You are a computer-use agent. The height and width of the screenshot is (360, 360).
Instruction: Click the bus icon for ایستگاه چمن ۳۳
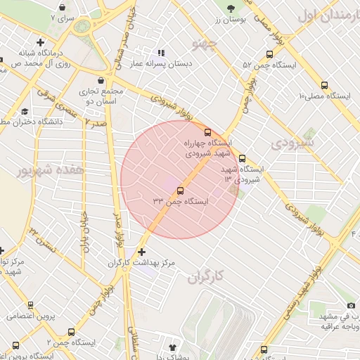tap(181, 191)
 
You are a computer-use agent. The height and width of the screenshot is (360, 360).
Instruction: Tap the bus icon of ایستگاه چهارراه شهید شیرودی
tap(207, 131)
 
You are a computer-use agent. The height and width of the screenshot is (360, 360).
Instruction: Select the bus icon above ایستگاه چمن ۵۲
tap(269, 54)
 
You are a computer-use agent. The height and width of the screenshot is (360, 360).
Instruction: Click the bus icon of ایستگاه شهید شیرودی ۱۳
tap(243, 159)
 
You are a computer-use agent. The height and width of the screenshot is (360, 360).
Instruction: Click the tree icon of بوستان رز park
tap(231, 8)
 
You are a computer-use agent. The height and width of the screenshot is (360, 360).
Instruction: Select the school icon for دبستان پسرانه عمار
tap(161, 53)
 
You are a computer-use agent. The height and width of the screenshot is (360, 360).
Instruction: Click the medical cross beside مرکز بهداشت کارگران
tap(142, 251)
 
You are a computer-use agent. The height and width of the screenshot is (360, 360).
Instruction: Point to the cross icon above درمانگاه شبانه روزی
tap(41, 43)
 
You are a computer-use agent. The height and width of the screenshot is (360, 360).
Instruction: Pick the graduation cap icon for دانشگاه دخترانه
tap(25, 111)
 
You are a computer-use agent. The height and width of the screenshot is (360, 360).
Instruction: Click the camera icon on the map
tap(350, 305)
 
